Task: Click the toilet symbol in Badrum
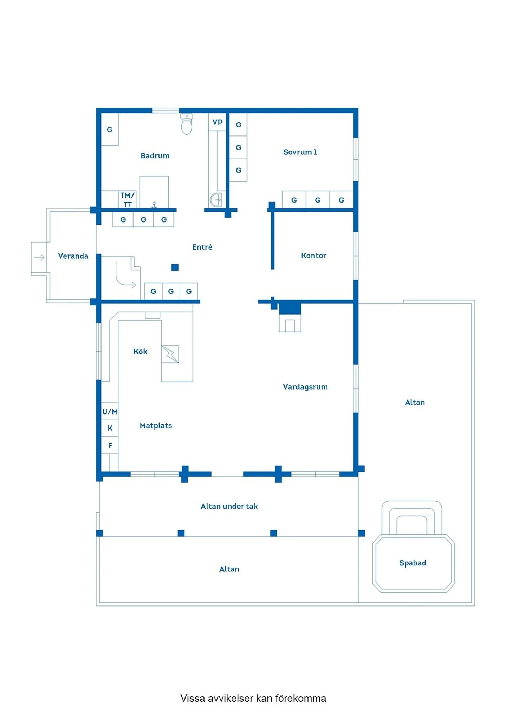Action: coord(186,125)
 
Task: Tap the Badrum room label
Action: coord(155,156)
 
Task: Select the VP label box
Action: coord(217,122)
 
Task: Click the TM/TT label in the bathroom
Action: coord(127,200)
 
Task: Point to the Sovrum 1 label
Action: coord(300,152)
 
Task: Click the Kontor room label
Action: coord(313,256)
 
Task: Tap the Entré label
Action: coord(202,247)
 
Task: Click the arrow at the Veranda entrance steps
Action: coord(39,257)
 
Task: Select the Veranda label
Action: coord(73,256)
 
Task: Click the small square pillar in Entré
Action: coord(175,267)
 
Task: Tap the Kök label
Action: coord(140,351)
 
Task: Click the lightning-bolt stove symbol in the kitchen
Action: coord(170,354)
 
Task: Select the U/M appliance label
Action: coord(110,411)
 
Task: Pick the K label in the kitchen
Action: coord(110,428)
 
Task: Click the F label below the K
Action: coord(110,445)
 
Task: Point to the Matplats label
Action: coord(156,426)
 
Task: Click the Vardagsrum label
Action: coord(305,387)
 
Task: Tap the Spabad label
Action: coord(413,563)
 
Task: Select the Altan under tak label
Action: coord(229,506)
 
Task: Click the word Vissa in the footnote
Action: coord(193,698)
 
